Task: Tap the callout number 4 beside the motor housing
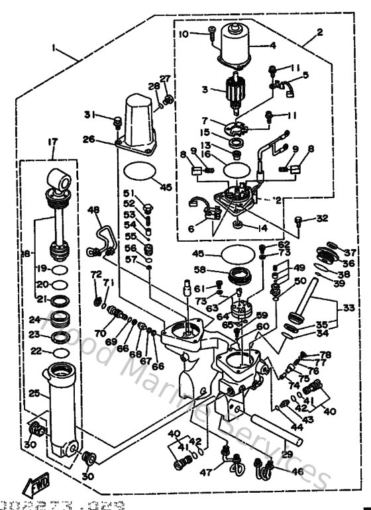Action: tap(272, 46)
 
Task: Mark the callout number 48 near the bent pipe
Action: tap(93, 210)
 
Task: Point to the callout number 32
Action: tap(321, 218)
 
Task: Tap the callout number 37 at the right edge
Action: tap(350, 252)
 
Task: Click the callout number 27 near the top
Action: tap(165, 79)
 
